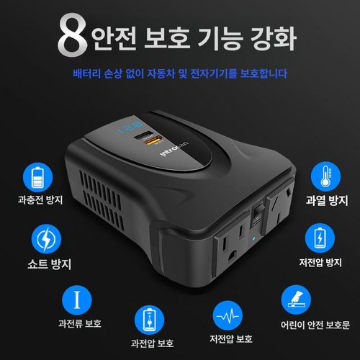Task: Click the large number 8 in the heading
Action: click(x=73, y=35)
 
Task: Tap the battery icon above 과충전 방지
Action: click(x=37, y=177)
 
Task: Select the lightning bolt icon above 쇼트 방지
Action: click(x=46, y=239)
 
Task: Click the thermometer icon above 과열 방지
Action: click(x=325, y=176)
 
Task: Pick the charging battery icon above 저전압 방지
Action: click(x=320, y=238)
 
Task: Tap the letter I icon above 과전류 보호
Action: click(x=77, y=300)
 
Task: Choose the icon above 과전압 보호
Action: click(x=149, y=320)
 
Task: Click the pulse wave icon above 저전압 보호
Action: click(x=228, y=316)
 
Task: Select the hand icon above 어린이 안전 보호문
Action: click(x=296, y=300)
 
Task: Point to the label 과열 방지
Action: click(x=327, y=200)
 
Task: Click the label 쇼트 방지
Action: click(x=49, y=264)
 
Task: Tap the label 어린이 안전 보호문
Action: click(x=315, y=325)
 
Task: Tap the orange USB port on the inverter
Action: click(x=151, y=140)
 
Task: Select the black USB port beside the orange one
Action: click(x=143, y=135)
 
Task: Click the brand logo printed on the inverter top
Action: click(x=174, y=149)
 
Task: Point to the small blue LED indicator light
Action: click(x=253, y=239)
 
